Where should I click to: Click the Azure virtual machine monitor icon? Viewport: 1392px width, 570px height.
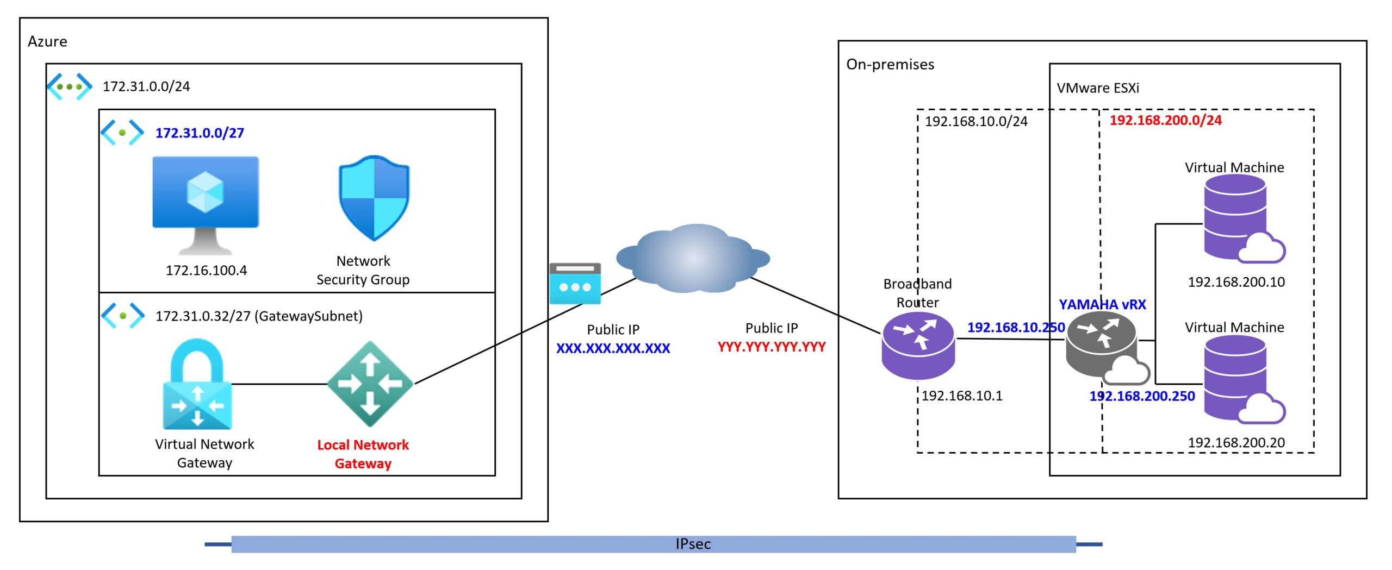[206, 205]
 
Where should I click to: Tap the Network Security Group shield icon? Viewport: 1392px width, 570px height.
[374, 198]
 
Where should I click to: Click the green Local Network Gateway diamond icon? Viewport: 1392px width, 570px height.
[370, 384]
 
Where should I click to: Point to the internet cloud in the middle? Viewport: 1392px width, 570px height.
[693, 258]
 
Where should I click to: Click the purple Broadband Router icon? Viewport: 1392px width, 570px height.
[918, 346]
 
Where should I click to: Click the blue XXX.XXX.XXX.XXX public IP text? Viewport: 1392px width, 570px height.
[613, 348]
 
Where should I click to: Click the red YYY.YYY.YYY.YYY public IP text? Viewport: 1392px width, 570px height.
[772, 347]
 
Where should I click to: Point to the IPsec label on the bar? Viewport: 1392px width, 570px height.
[693, 544]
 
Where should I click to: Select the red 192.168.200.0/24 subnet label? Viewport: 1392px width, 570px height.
[1166, 120]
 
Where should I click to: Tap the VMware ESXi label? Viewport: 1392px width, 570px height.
[1098, 88]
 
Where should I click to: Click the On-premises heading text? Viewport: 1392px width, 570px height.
[890, 65]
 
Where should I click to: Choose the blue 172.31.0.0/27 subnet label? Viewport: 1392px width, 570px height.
[200, 133]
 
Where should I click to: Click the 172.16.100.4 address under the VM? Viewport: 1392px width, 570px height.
[206, 271]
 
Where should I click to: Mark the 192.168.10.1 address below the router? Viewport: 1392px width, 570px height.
[962, 396]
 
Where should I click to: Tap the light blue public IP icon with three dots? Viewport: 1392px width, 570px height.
[575, 284]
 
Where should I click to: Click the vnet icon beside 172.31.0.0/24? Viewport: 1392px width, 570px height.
[69, 87]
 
